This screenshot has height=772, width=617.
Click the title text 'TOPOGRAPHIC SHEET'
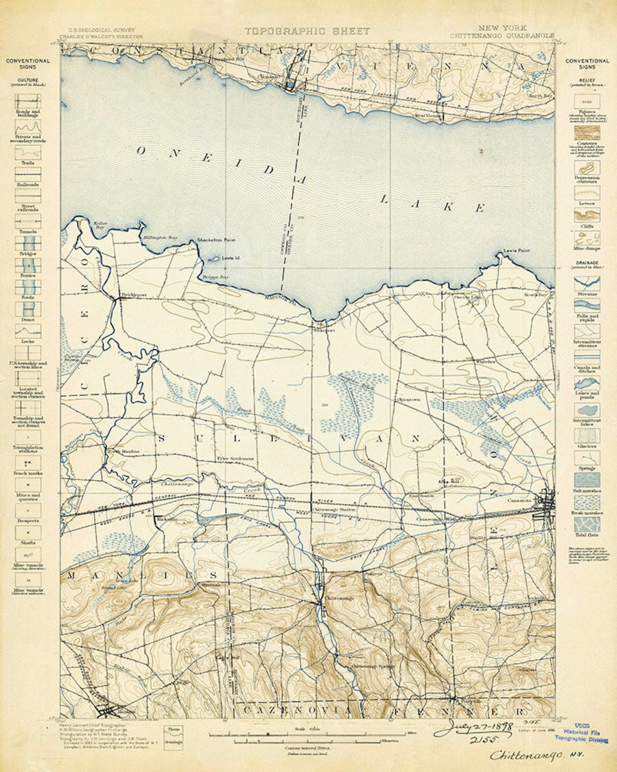[x=307, y=31]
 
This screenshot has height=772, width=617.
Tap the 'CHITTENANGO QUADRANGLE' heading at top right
[x=502, y=35]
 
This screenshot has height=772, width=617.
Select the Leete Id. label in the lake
[x=230, y=258]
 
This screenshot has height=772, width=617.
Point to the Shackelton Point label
[x=215, y=240]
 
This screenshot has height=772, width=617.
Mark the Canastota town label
[x=519, y=500]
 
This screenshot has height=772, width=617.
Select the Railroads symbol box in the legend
[x=27, y=175]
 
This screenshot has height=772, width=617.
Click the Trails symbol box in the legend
[x=27, y=153]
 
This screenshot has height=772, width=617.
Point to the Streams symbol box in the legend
[x=587, y=283]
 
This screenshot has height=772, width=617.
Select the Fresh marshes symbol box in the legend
[x=587, y=503]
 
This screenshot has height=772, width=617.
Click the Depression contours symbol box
[x=587, y=169]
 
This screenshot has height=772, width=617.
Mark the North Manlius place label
[x=123, y=451]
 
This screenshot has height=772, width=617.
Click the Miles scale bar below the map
[x=308, y=734]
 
